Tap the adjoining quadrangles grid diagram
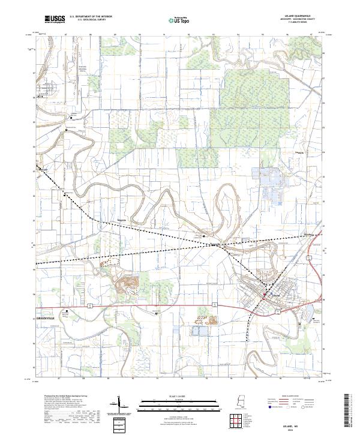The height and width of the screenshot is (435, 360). [237, 421]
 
